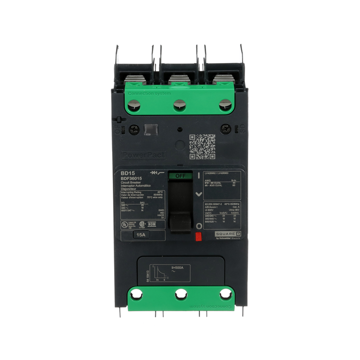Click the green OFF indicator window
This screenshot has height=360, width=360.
(180, 175)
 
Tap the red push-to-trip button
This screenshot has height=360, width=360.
(198, 235)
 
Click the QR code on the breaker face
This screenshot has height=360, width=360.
(202, 146)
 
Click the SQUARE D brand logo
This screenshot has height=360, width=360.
(228, 234)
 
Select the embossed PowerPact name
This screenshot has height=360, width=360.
(137, 155)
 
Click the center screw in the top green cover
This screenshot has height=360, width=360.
(180, 104)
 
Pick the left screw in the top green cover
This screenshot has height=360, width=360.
(135, 104)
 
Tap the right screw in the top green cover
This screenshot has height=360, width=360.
(225, 104)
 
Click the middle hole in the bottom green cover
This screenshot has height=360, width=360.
(180, 295)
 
